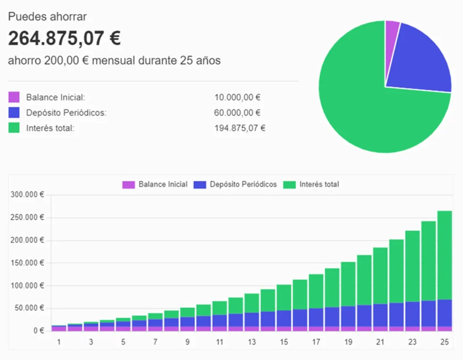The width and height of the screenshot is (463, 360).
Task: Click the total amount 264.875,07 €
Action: [x=64, y=39]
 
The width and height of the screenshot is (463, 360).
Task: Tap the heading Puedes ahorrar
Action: [x=47, y=17]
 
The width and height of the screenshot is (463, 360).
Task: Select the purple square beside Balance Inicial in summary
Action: [x=14, y=97]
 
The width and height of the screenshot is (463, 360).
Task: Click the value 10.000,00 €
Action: [x=238, y=98]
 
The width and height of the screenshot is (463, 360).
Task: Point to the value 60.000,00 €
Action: [x=238, y=113]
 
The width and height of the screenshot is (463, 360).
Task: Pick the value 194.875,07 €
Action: [x=240, y=128]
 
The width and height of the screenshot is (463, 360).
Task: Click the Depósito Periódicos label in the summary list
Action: [x=66, y=113]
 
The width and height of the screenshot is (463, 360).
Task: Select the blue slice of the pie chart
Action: [x=418, y=61]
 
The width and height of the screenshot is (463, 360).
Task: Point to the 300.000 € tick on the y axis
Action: [x=27, y=195]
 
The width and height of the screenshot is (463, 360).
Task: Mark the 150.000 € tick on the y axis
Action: [x=27, y=263]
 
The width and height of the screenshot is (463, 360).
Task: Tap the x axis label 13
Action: [x=251, y=342]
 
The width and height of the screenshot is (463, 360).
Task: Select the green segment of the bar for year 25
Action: [x=444, y=255]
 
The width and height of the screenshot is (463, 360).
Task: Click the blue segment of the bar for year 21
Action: [x=380, y=315]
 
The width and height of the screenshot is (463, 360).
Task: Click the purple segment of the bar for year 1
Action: [x=59, y=328]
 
